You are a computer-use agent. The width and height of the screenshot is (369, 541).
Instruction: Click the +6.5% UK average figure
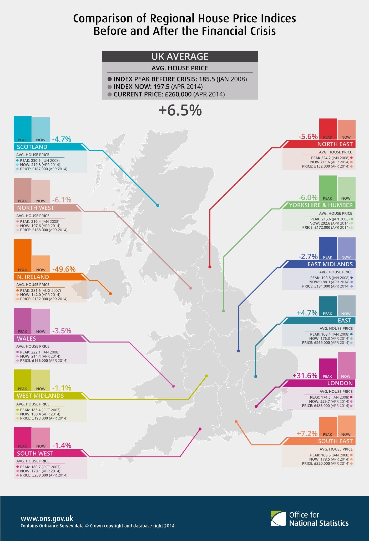pos(180,110)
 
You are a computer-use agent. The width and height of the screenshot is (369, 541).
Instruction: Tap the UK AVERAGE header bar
pos(180,56)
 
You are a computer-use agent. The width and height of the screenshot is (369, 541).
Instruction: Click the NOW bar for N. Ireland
pos(41,263)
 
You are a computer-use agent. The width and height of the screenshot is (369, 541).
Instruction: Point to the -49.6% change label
pos(64,269)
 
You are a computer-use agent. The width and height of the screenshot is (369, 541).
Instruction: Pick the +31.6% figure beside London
pos(305,376)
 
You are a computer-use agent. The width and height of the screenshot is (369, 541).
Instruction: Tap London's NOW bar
pos(346,365)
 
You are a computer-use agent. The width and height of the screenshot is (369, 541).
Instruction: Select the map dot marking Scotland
pos(158,205)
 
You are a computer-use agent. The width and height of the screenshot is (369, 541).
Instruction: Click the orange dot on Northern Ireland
pos(110,294)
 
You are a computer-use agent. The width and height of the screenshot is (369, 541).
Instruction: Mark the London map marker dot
pos(256,407)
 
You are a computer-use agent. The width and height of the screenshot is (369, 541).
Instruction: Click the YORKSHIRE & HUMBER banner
pos(320,205)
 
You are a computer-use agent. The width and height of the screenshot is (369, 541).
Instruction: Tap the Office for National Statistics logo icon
pos(278,518)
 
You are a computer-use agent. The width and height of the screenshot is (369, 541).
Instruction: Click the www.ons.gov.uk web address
pos(47,518)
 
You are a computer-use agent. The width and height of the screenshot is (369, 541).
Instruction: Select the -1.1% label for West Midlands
pos(62,388)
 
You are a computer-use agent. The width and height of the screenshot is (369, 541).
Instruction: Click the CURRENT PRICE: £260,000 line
pos(169,94)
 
